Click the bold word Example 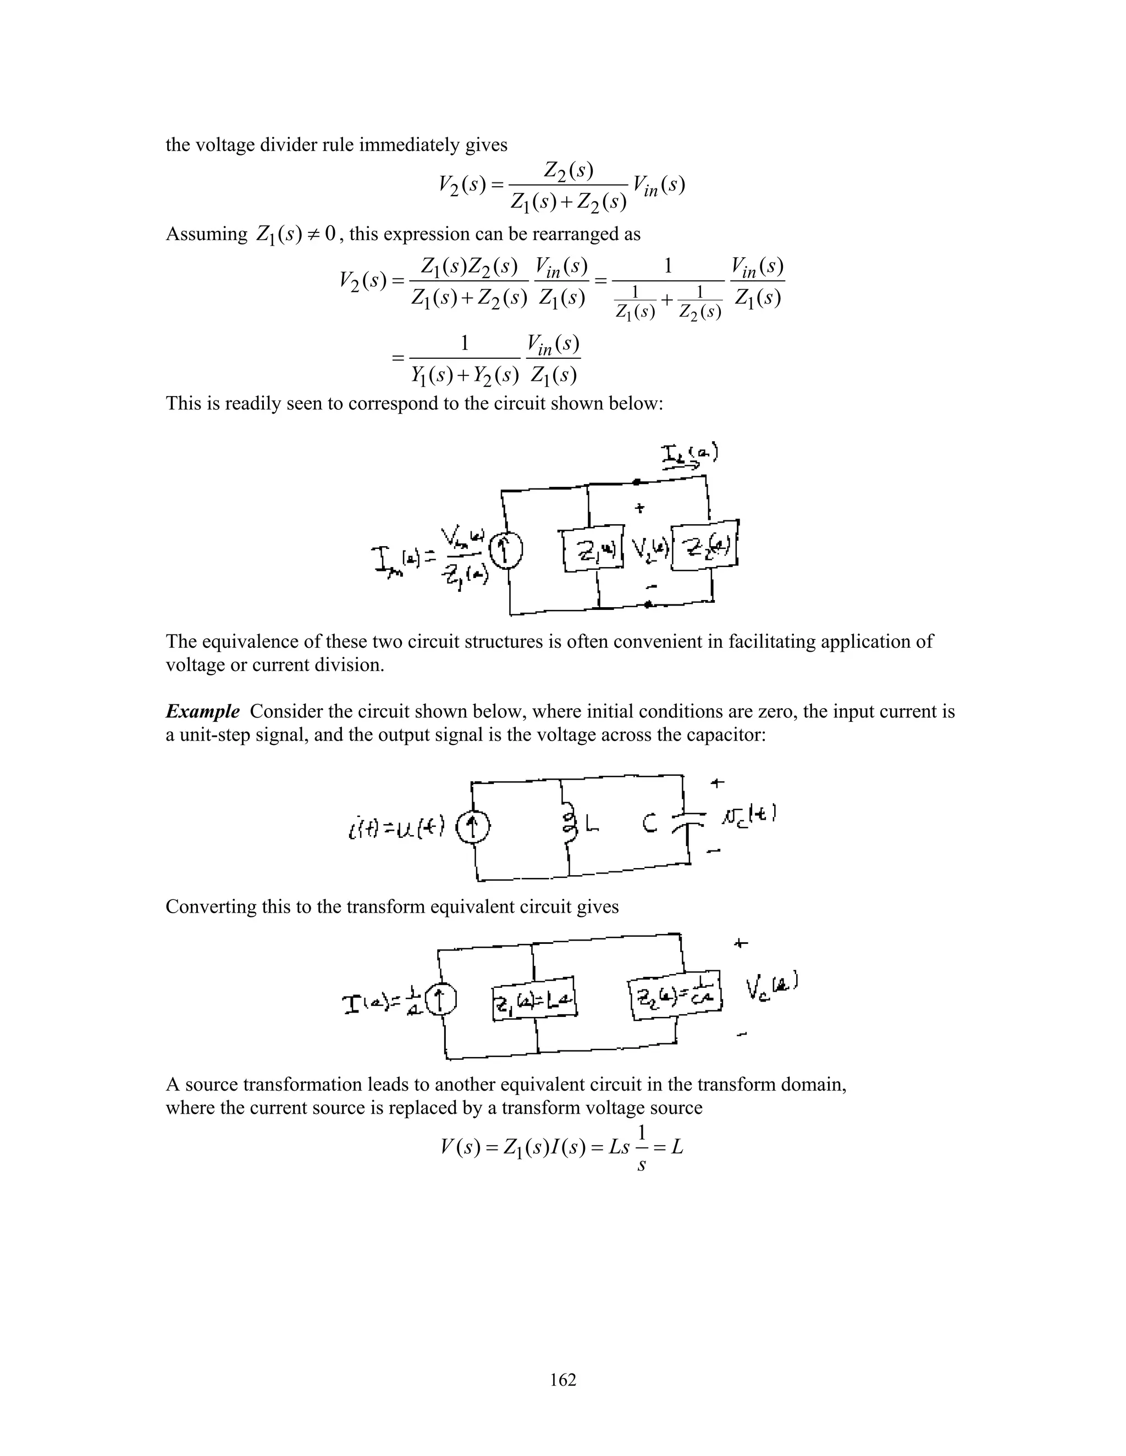(x=202, y=712)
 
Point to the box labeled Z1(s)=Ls (x=534, y=1001)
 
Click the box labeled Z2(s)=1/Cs (x=676, y=996)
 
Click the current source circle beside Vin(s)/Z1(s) (x=506, y=551)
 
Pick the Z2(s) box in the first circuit (x=704, y=546)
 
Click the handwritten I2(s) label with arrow (x=688, y=457)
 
